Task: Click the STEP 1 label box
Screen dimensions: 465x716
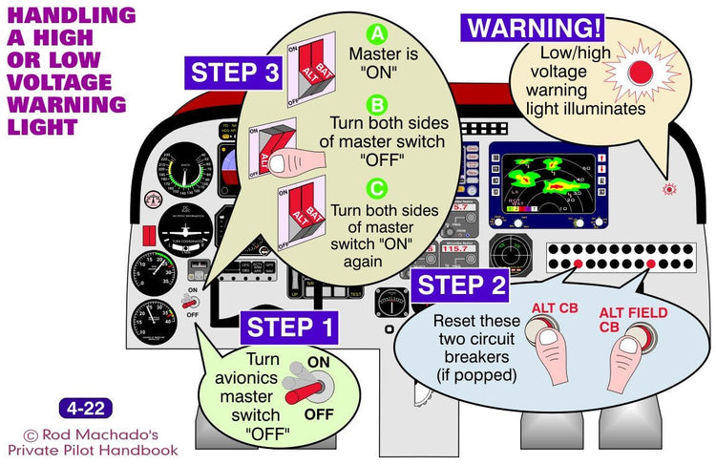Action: [x=290, y=328]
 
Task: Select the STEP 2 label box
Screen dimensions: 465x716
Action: [x=463, y=285]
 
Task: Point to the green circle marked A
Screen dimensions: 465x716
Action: [x=377, y=34]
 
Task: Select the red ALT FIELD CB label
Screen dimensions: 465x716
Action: [x=634, y=320]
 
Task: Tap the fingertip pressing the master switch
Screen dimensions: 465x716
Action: [x=282, y=164]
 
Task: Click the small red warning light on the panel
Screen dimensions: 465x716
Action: [x=670, y=190]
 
